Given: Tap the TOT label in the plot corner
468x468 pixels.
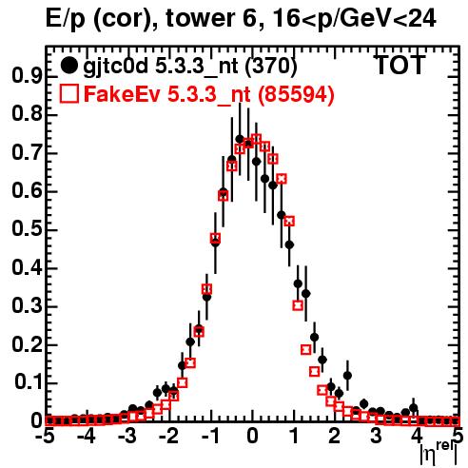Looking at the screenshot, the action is pos(400,65).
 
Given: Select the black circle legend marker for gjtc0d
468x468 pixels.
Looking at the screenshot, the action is pos(68,66).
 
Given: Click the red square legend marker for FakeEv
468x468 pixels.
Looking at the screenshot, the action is pos(69,93).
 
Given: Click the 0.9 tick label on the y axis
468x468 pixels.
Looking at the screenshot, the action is pos(27,76).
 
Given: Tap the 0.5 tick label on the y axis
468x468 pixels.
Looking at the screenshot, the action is pos(27,229).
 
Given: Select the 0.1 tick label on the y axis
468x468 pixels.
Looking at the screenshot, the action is pos(29,382).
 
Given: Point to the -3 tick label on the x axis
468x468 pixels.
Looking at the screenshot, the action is pos(127,437).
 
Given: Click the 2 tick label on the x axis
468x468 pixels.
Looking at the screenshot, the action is pos(335,437).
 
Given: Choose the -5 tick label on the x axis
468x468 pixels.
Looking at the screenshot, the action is pos(45,437).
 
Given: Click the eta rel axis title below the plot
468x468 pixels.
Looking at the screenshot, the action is pos(439,453).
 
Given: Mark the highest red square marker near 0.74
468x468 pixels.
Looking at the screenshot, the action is pos(256,139).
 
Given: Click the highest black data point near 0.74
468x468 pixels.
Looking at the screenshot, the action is pos(240,139).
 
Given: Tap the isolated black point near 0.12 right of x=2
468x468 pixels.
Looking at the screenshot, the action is pos(347,376).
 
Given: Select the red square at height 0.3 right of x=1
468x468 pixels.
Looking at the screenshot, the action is pos(298,305).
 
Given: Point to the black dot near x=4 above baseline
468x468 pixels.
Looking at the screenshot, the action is pos(413,408).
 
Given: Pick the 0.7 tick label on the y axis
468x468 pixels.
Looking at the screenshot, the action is pos(27,152).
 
